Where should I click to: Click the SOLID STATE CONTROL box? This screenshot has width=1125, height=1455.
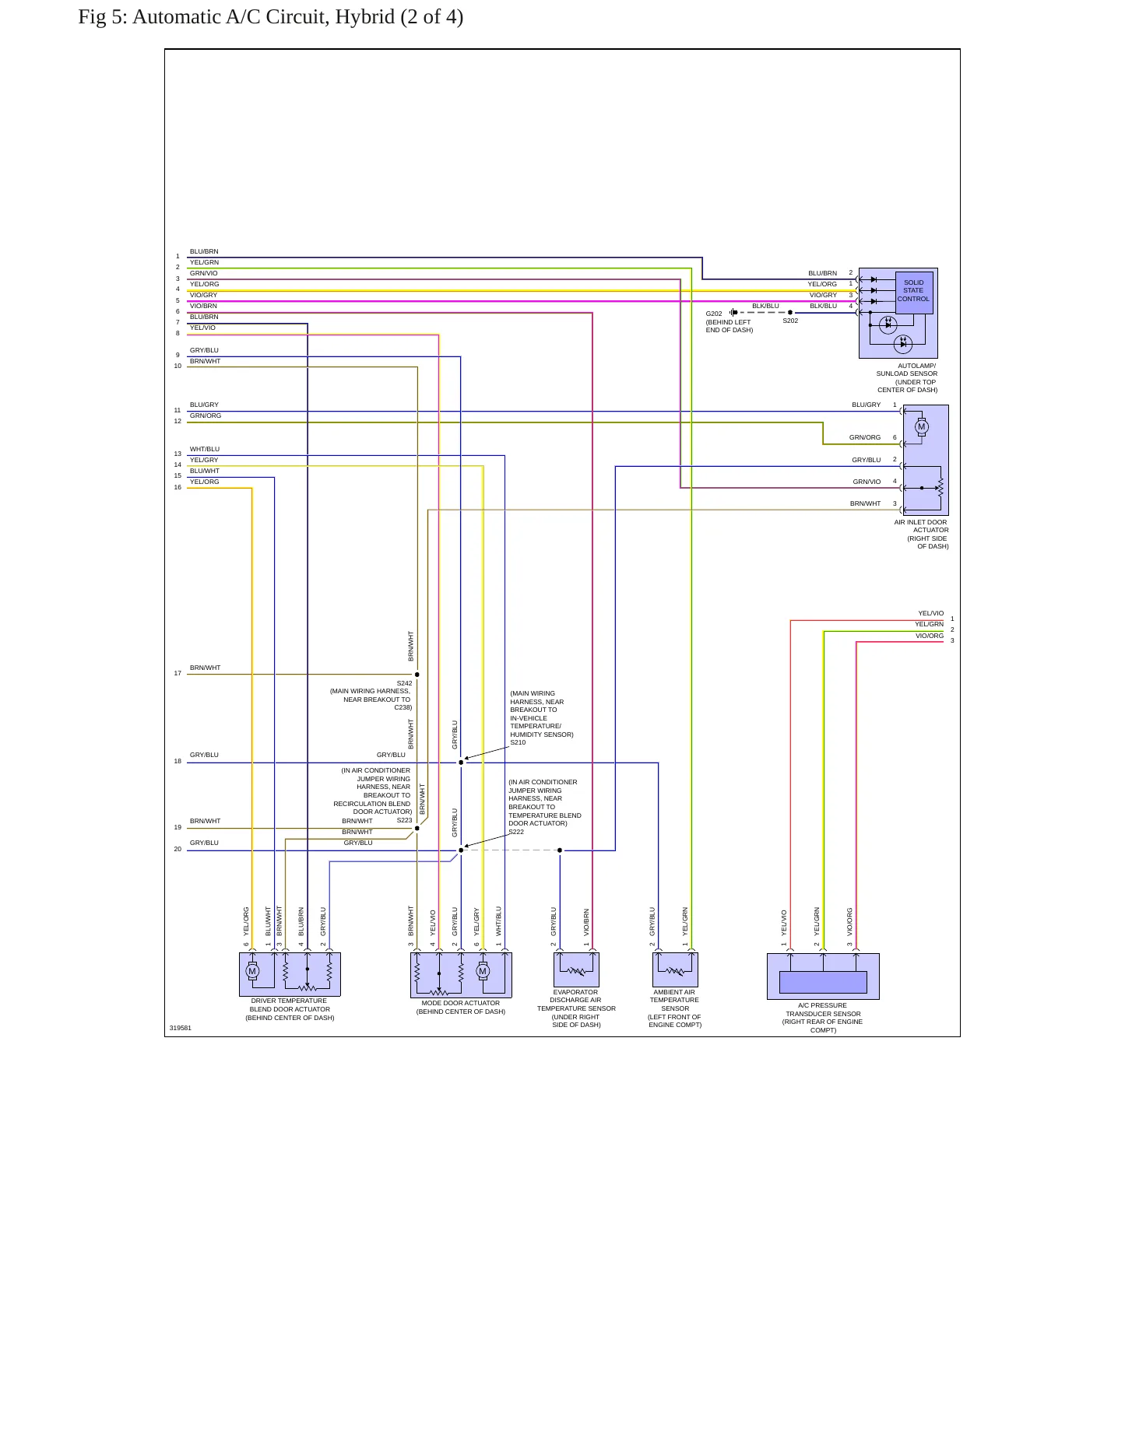tap(913, 292)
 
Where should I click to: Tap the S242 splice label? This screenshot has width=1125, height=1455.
tap(404, 683)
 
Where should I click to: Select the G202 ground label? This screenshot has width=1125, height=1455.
tap(714, 314)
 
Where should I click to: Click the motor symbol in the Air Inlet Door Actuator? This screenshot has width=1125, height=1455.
tap(922, 426)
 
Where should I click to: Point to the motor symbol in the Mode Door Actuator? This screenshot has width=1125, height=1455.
tap(483, 971)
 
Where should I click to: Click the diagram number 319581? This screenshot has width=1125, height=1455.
tap(181, 1028)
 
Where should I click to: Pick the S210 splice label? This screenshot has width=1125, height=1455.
tap(518, 742)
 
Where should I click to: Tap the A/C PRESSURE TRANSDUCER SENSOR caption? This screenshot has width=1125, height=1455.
tap(823, 1018)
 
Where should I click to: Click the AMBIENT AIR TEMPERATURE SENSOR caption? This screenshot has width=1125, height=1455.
tap(675, 1008)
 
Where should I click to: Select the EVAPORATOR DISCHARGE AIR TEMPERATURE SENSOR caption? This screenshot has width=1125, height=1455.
tap(576, 1008)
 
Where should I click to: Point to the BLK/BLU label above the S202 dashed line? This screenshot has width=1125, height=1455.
tap(765, 306)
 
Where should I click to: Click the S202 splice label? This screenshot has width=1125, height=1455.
tap(790, 321)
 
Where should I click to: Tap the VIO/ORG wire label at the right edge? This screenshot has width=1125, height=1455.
tap(930, 636)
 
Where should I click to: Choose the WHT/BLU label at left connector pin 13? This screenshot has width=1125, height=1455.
tap(205, 449)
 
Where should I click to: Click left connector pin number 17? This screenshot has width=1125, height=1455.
tap(178, 673)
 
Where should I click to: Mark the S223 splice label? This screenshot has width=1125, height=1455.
tap(404, 820)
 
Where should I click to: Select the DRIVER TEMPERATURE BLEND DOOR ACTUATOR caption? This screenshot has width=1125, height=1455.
tap(290, 1009)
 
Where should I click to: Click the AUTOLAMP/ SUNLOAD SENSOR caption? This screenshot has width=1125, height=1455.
tap(908, 377)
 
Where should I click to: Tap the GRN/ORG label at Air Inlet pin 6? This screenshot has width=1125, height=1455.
tap(865, 437)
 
